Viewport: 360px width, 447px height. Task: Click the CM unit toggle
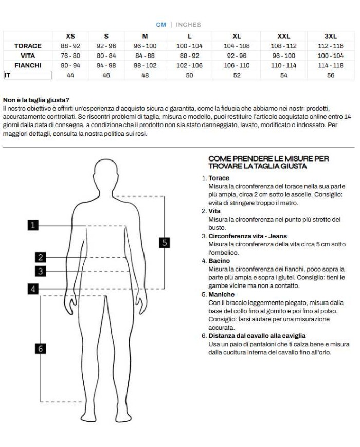(161, 25)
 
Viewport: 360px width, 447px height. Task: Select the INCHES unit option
(188, 25)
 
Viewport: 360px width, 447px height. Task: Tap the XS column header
(70, 36)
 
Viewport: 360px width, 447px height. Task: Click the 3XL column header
(330, 36)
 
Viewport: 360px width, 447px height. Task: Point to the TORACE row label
(28, 46)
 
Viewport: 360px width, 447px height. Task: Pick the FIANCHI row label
(28, 65)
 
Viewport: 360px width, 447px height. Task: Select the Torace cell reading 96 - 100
(145, 46)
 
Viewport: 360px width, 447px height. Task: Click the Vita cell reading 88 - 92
(189, 56)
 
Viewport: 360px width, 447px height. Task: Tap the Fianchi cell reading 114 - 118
(330, 65)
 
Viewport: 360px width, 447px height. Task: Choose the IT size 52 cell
(237, 75)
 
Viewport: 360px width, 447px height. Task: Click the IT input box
(28, 75)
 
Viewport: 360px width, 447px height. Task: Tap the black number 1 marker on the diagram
(33, 225)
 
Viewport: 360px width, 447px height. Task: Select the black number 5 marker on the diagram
(164, 242)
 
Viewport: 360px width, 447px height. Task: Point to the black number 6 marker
(41, 349)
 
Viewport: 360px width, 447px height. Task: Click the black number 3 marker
(41, 271)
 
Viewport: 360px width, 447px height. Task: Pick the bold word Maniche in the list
(221, 294)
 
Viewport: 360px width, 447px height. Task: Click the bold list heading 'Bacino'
(219, 261)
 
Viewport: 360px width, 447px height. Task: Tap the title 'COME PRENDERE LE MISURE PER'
(268, 159)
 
